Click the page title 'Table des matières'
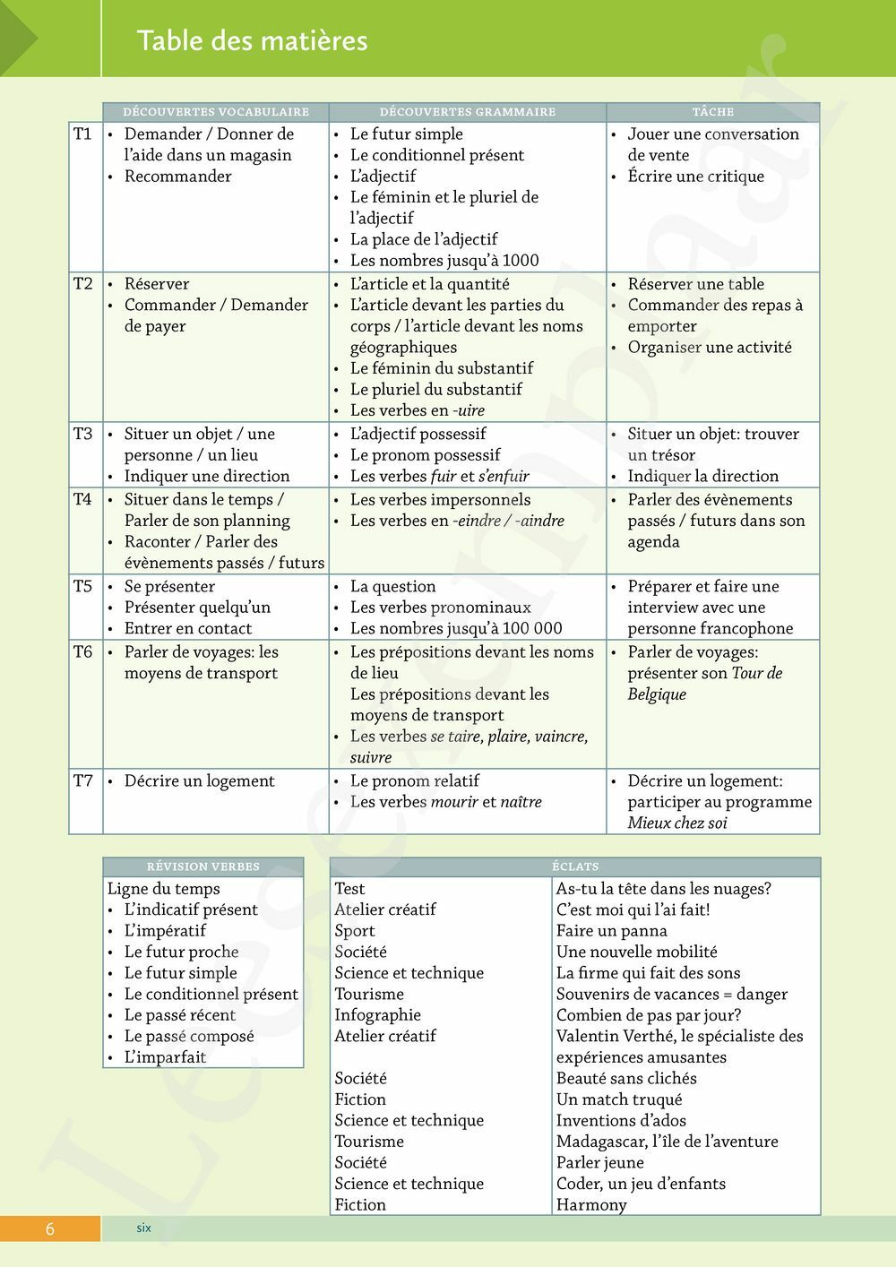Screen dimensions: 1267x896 tap(252, 40)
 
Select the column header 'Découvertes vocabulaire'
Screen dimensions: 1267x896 tap(216, 112)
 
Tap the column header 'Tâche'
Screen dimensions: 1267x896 tap(713, 112)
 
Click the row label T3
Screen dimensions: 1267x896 tap(82, 434)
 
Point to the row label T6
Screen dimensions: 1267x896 tap(82, 652)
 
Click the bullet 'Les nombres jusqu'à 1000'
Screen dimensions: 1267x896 tap(444, 261)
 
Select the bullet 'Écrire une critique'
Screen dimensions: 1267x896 tap(695, 177)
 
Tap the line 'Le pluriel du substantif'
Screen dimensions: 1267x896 tap(435, 390)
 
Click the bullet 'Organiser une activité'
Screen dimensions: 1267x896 tap(710, 348)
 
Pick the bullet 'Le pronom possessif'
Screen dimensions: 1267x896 tap(425, 455)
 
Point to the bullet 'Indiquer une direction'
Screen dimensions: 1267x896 tap(207, 477)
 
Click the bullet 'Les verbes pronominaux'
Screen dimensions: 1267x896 tap(440, 608)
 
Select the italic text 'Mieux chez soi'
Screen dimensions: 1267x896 tap(677, 823)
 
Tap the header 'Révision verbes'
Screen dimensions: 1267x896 tap(203, 866)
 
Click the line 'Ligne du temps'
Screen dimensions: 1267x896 tap(164, 889)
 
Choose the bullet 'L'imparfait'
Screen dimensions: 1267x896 tap(165, 1057)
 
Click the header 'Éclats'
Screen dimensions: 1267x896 tap(575, 866)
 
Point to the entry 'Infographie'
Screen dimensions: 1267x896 tap(377, 1015)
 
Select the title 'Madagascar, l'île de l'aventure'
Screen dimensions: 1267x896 tap(667, 1142)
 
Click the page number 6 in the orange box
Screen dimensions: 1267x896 tap(50, 1228)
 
